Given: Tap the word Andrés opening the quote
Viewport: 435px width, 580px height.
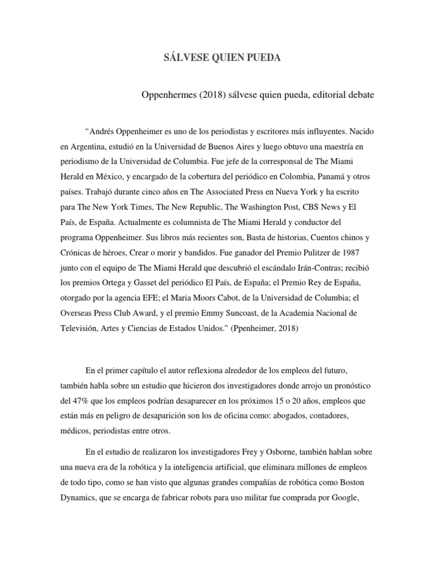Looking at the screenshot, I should [x=105, y=131].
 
